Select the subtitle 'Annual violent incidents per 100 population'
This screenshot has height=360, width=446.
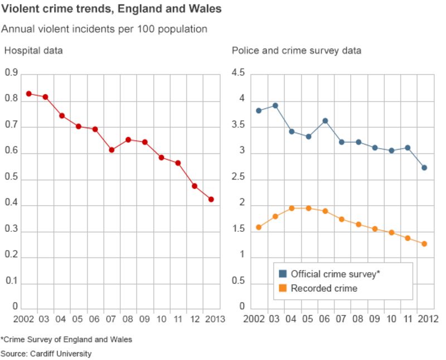pos(104,29)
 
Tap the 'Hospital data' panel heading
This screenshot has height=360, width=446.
pos(33,51)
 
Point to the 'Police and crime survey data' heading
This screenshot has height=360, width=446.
pos(297,51)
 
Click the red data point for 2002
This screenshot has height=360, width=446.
pos(29,94)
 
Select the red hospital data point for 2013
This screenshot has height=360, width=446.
pos(211,200)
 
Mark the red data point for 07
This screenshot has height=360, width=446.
pos(111,150)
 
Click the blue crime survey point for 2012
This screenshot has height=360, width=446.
pos(424,168)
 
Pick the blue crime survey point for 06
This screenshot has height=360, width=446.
pos(325,121)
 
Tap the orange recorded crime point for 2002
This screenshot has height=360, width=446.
pos(259,227)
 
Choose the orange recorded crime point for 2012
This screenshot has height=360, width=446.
pos(424,244)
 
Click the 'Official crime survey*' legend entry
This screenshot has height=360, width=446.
pos(329,274)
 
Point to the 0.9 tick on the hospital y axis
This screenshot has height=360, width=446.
pos(11,72)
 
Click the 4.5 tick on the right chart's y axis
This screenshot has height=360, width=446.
pos(239,72)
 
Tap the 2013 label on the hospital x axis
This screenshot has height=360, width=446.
pos(214,320)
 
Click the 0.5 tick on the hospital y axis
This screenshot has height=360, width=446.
pos(11,179)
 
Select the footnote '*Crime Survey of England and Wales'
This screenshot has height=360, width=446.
pos(66,339)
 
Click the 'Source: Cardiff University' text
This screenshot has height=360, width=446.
pos(46,353)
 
